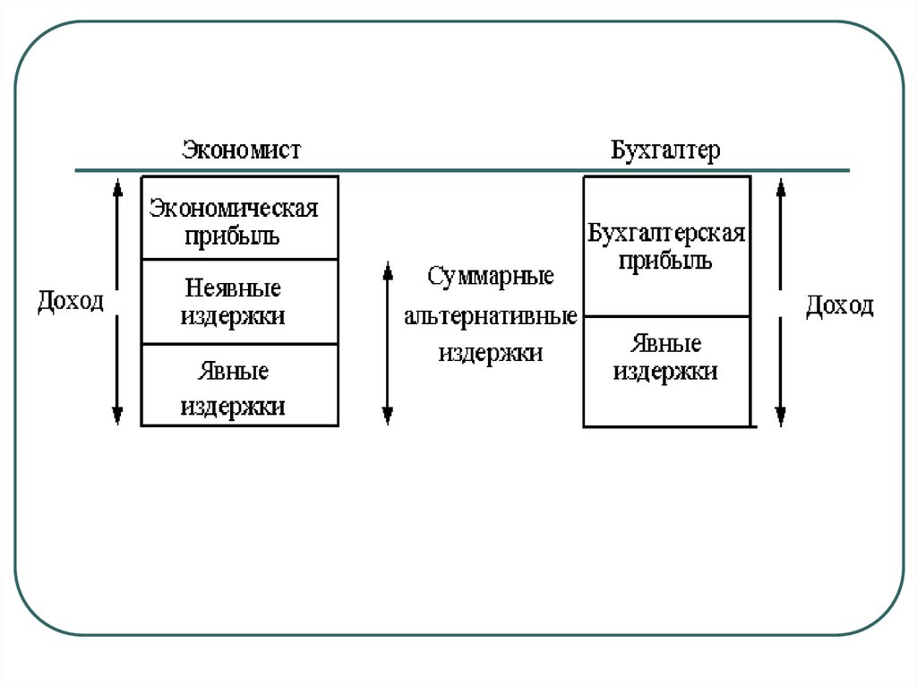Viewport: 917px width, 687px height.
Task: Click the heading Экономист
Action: point(242,150)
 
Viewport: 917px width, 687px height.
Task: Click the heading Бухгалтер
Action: point(665,150)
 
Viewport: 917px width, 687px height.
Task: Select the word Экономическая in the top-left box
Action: point(234,210)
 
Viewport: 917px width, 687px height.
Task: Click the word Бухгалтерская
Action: point(667,235)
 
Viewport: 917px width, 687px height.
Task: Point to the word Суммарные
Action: point(490,276)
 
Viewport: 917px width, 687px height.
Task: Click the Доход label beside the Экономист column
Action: point(71,300)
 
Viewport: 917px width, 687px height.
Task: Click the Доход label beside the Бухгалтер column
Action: point(839,305)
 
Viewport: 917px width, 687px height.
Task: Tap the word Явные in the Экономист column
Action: point(233,371)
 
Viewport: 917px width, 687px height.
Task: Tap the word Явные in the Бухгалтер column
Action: point(665,343)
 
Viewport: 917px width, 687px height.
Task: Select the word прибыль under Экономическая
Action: point(233,236)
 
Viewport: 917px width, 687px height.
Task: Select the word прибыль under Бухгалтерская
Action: point(665,262)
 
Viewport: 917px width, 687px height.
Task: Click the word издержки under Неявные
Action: point(233,316)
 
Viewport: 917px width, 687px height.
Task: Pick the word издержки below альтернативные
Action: point(491,353)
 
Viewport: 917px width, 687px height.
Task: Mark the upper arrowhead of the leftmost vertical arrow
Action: point(116,188)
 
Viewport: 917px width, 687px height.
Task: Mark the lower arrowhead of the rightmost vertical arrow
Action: point(780,415)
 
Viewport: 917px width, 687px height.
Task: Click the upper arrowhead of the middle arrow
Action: point(387,271)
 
